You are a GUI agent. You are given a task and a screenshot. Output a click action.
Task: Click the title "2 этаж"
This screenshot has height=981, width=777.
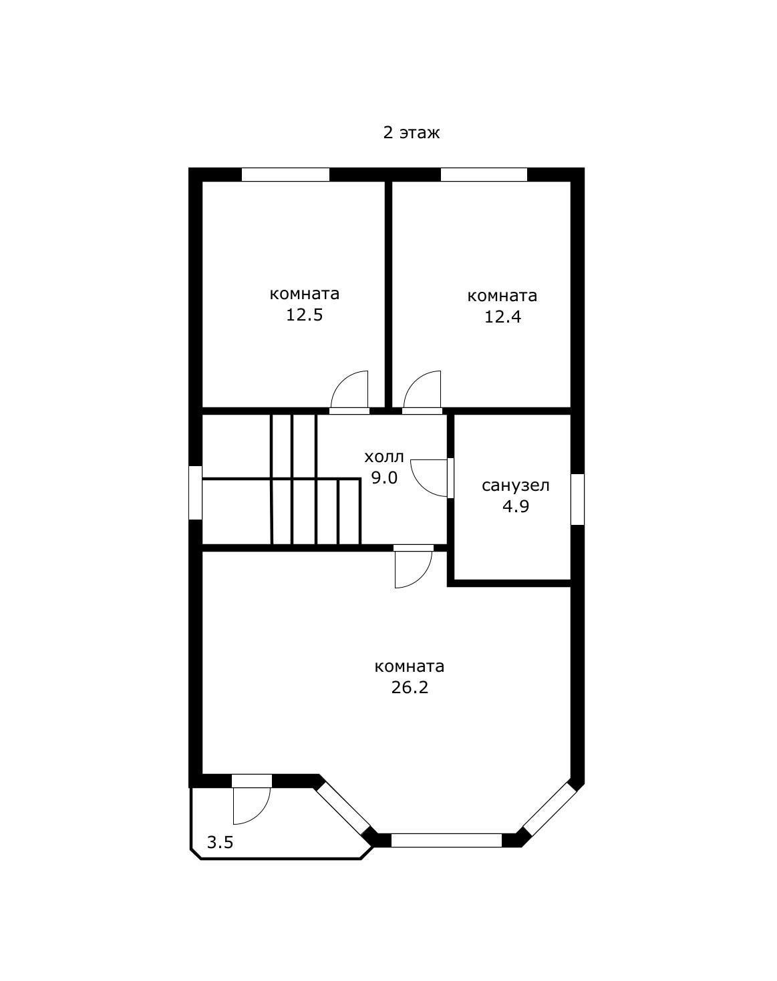click(x=412, y=133)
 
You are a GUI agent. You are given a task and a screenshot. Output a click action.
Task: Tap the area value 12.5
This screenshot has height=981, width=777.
click(x=304, y=315)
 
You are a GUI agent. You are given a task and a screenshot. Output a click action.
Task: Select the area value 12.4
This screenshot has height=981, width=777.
click(x=502, y=317)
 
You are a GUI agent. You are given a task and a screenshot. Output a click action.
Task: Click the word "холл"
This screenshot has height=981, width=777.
click(x=384, y=457)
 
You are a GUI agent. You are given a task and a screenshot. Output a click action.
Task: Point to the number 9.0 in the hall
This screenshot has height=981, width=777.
click(x=384, y=477)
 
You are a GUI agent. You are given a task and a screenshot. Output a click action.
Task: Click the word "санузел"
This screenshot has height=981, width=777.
click(x=516, y=486)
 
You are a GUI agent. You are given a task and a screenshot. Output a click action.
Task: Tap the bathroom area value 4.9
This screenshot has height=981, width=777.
click(x=516, y=506)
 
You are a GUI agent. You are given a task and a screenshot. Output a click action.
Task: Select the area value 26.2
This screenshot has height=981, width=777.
click(x=410, y=687)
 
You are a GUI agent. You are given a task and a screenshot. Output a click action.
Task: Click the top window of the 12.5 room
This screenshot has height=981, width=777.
click(x=285, y=174)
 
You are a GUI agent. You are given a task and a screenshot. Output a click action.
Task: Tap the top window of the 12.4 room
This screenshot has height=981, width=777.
click(x=484, y=174)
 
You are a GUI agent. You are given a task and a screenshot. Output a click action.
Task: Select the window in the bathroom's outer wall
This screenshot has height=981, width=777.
click(x=577, y=499)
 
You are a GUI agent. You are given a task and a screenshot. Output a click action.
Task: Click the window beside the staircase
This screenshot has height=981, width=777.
click(x=195, y=492)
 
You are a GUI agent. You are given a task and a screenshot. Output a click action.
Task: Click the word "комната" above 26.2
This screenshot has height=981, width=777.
click(x=410, y=666)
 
